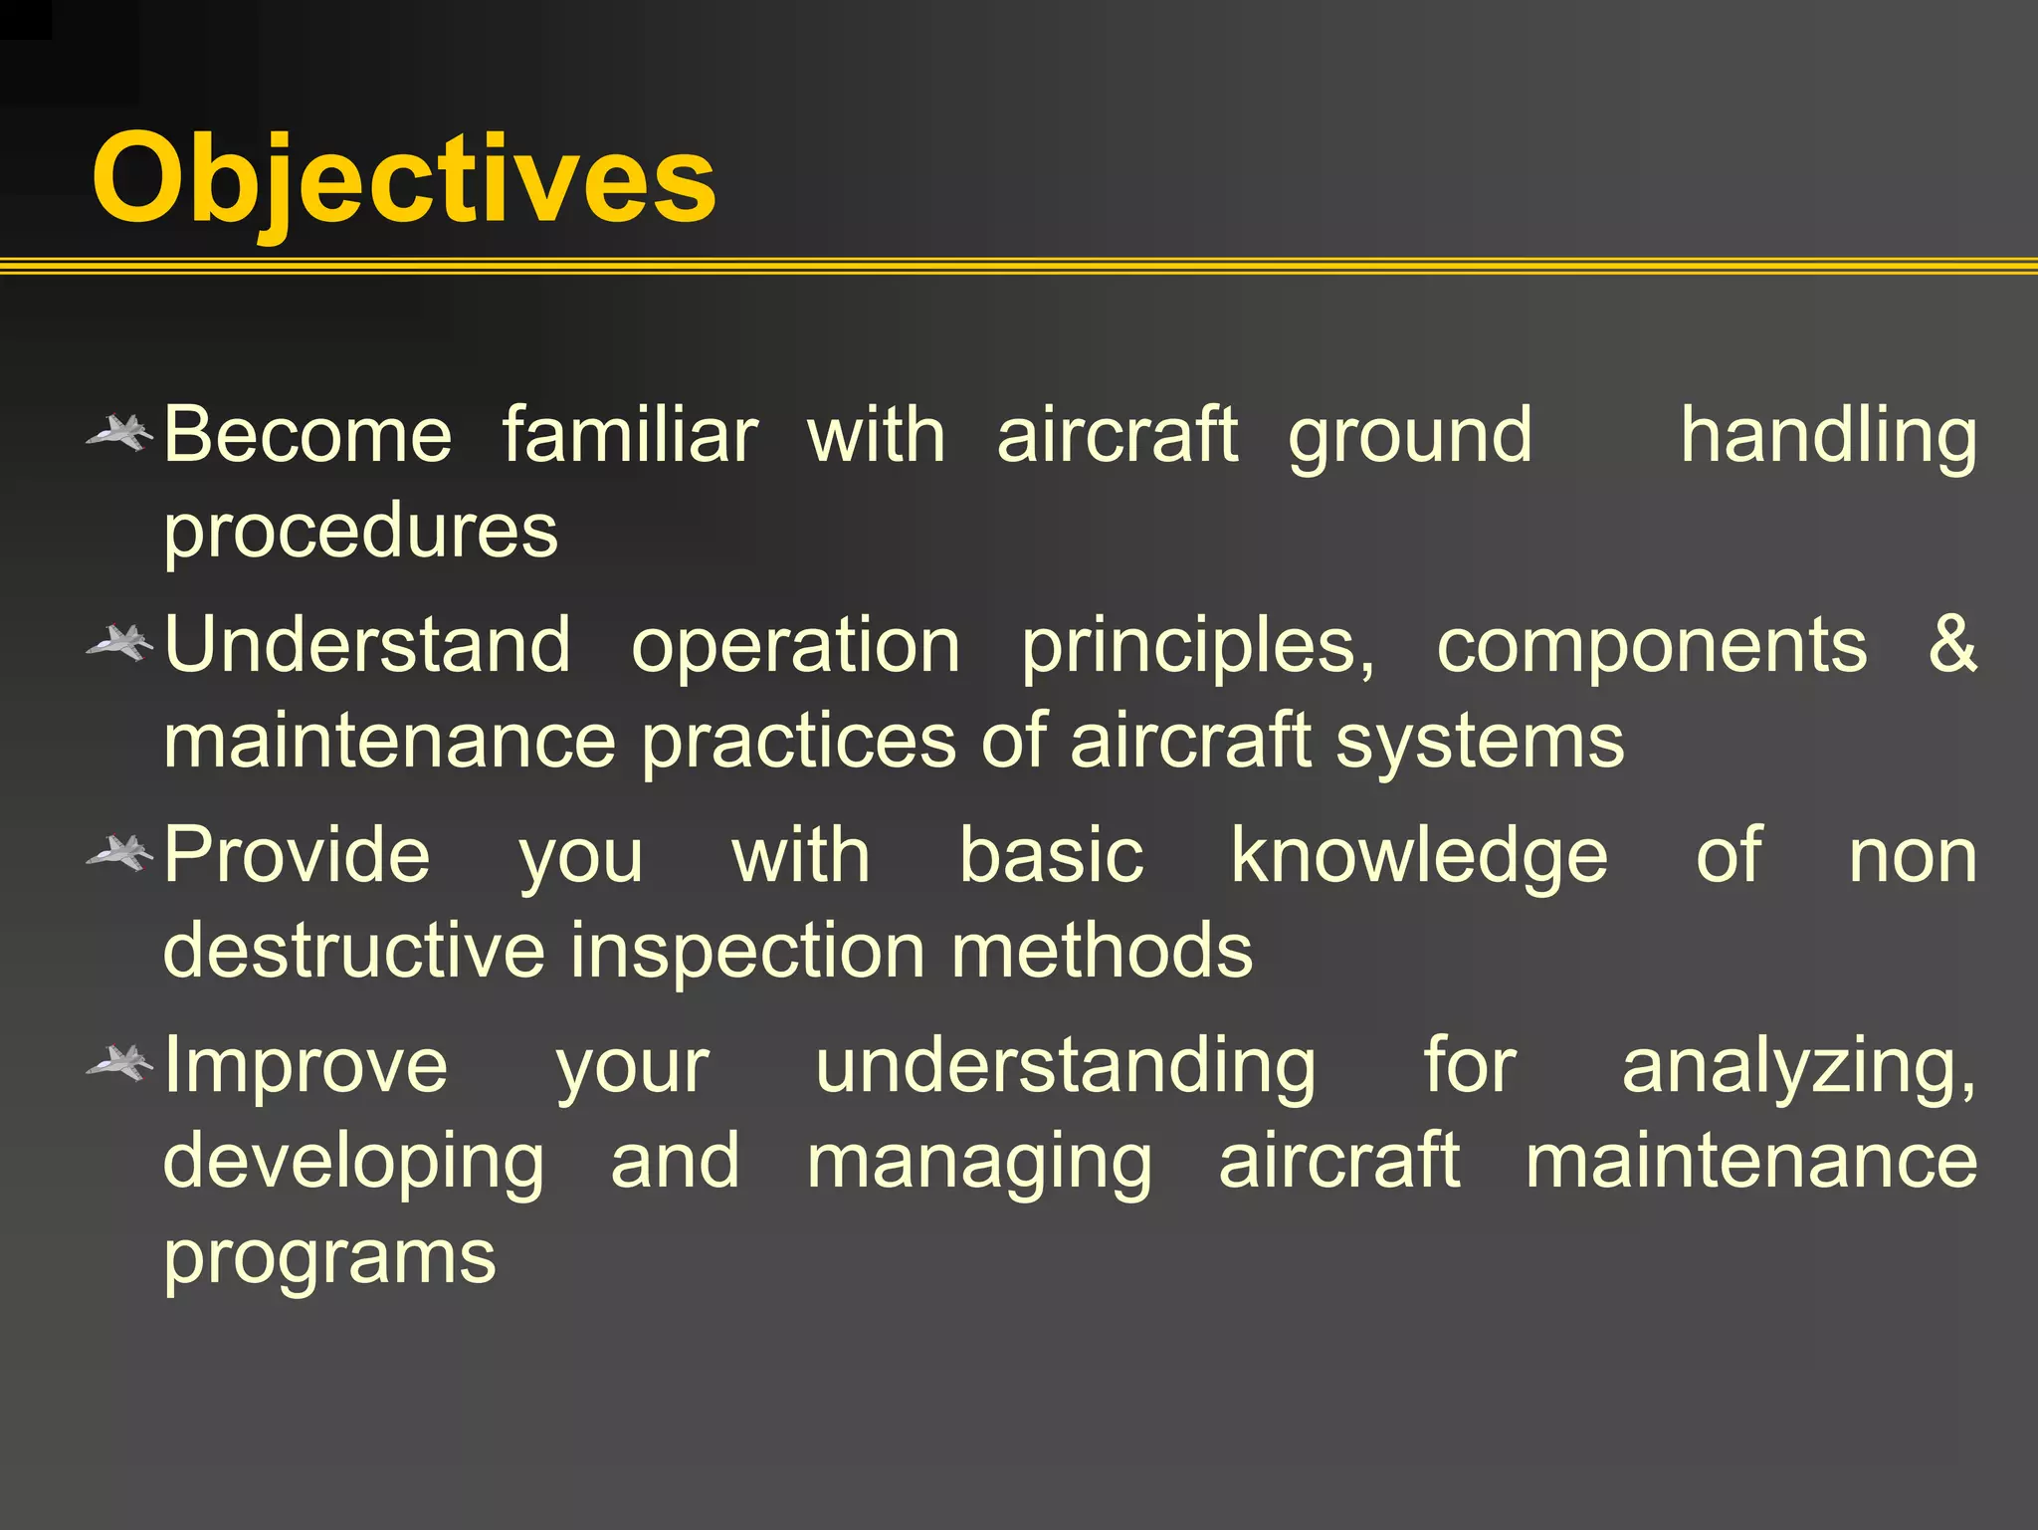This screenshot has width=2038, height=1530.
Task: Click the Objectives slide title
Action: [403, 179]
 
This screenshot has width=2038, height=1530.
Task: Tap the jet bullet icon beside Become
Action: [119, 433]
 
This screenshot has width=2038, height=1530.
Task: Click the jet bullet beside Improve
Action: [119, 1063]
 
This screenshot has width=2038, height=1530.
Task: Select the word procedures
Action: [360, 532]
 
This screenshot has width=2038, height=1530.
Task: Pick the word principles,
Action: [1198, 647]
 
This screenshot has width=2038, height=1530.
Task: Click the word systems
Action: [1479, 743]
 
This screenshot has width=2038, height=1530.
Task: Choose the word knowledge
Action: [1419, 856]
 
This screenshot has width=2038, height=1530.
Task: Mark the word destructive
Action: [353, 950]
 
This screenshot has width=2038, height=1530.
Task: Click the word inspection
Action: [747, 952]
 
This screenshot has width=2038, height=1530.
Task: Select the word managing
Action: [979, 1163]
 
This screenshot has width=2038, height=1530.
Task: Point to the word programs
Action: [329, 1258]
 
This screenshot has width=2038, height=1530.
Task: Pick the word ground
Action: [1410, 438]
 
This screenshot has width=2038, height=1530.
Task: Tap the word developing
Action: [353, 1163]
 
